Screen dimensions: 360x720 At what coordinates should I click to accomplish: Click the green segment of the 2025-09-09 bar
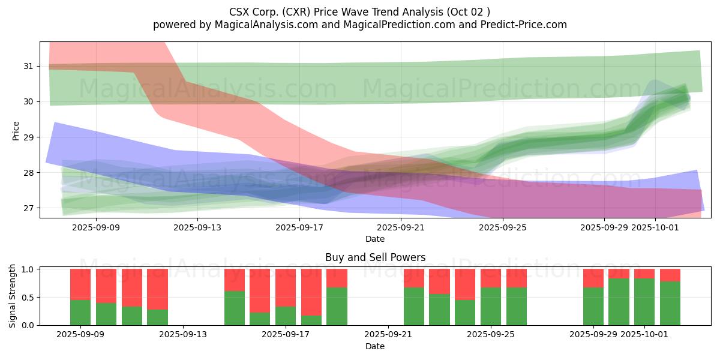[80, 312]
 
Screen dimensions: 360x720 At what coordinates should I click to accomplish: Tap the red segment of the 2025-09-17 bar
[286, 287]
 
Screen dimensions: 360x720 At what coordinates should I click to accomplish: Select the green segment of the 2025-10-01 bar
[644, 302]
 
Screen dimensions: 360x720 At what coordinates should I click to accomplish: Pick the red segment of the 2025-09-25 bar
[491, 278]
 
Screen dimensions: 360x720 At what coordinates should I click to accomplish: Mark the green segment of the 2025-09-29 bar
[593, 306]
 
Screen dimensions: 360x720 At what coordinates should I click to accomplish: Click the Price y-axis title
[16, 130]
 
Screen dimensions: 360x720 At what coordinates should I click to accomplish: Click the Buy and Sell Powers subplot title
[375, 257]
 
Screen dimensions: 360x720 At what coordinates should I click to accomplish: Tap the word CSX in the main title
[240, 12]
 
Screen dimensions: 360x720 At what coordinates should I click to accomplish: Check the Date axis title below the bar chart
[375, 346]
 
